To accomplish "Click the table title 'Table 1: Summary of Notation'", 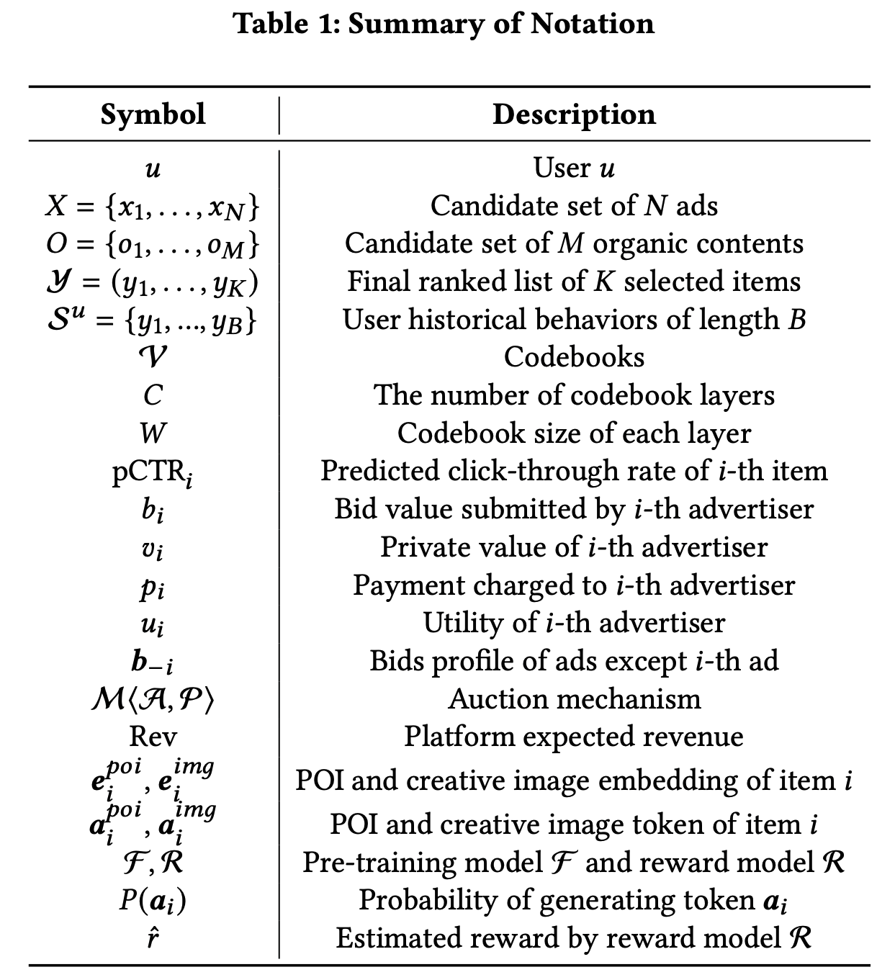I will pos(444,23).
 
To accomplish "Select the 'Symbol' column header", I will pos(153,114).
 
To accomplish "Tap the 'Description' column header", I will pos(574,114).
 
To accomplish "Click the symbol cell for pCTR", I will pos(153,472).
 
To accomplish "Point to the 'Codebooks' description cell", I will pos(574,357).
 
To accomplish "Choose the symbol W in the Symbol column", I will pos(153,433).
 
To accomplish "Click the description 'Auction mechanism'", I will pos(574,699).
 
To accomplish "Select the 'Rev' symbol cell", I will pos(153,737).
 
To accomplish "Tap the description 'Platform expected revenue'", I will pos(574,737).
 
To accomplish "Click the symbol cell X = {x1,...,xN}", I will pos(153,207).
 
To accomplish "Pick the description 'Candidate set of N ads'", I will pos(574,206).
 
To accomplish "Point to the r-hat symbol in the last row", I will pos(153,938).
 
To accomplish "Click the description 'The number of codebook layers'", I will pos(574,395).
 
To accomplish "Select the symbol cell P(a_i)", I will pos(153,901).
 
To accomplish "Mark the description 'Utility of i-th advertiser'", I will pos(574,623).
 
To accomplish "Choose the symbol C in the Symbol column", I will pos(153,395).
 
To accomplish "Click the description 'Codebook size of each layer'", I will pos(574,433).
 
